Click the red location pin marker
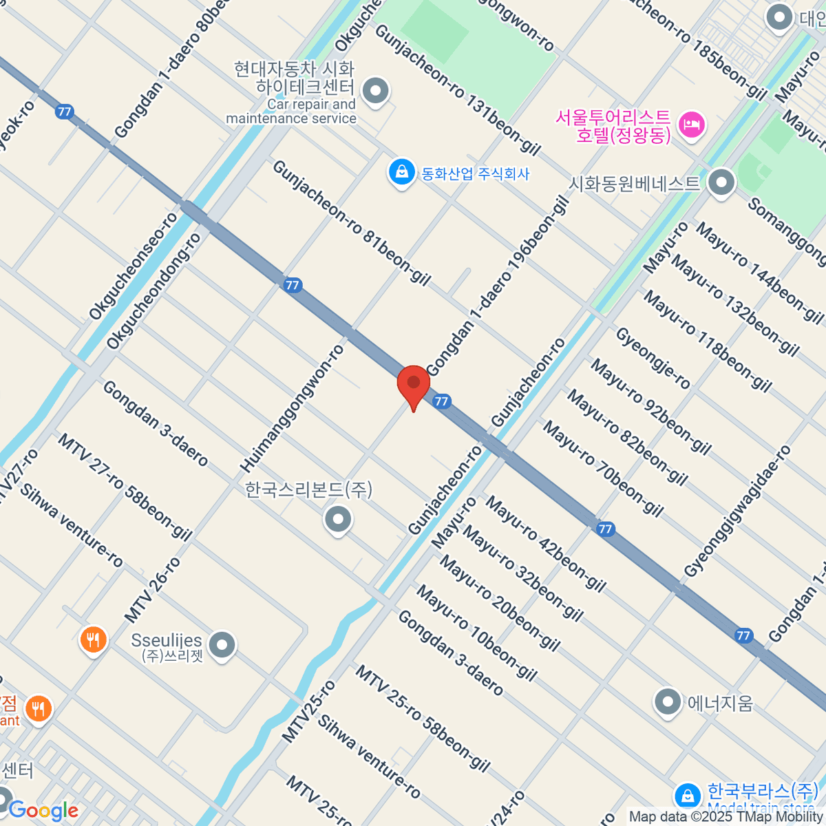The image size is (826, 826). click(413, 384)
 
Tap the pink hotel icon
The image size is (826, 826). click(690, 125)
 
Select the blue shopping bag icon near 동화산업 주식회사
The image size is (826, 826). click(401, 172)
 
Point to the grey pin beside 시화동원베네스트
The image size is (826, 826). click(721, 182)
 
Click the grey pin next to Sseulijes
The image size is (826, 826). click(222, 645)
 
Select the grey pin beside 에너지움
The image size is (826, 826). click(667, 702)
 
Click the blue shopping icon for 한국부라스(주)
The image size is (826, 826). click(687, 796)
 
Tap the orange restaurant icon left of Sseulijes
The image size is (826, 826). click(93, 640)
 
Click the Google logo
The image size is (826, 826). click(43, 810)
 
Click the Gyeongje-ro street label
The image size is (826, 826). click(653, 358)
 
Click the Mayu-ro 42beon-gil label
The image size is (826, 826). click(546, 544)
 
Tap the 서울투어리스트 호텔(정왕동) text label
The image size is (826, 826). click(613, 125)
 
